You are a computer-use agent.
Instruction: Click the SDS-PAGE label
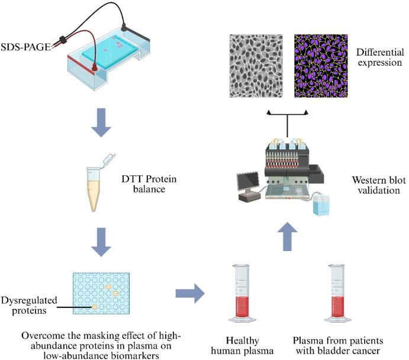[x=25, y=47]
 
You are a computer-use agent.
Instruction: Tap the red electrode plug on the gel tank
[x=94, y=68]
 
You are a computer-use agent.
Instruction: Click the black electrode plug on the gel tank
[x=123, y=26]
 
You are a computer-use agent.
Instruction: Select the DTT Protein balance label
[x=149, y=184]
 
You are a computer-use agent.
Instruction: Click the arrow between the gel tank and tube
[x=101, y=123]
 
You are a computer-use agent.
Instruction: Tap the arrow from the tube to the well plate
[x=101, y=242]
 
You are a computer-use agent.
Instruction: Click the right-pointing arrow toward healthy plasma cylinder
[x=190, y=293]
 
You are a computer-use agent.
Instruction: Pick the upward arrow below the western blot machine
[x=287, y=237]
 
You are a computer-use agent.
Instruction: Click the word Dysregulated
[x=29, y=300]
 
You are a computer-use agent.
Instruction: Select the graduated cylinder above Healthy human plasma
[x=242, y=294]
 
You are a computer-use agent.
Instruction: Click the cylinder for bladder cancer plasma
[x=338, y=294]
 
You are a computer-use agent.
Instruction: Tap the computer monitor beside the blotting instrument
[x=248, y=182]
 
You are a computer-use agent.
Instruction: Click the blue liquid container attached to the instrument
[x=321, y=205]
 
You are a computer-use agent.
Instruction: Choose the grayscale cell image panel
[x=256, y=66]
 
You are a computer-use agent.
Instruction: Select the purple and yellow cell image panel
[x=321, y=66]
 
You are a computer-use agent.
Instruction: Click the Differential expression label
[x=380, y=57]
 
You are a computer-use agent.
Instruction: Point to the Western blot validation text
[x=379, y=185]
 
